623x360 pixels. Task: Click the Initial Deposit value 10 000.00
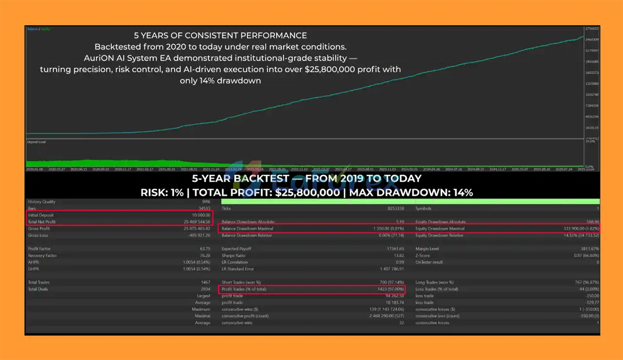click(201, 215)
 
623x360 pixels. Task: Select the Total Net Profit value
click(197, 222)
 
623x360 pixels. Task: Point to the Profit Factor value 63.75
click(205, 249)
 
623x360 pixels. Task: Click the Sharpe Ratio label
click(234, 255)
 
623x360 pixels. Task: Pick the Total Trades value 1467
click(205, 282)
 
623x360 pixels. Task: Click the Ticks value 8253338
click(393, 208)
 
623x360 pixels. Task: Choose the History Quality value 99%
click(206, 201)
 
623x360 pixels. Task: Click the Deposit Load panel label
click(37, 142)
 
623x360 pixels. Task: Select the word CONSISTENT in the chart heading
click(214, 36)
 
